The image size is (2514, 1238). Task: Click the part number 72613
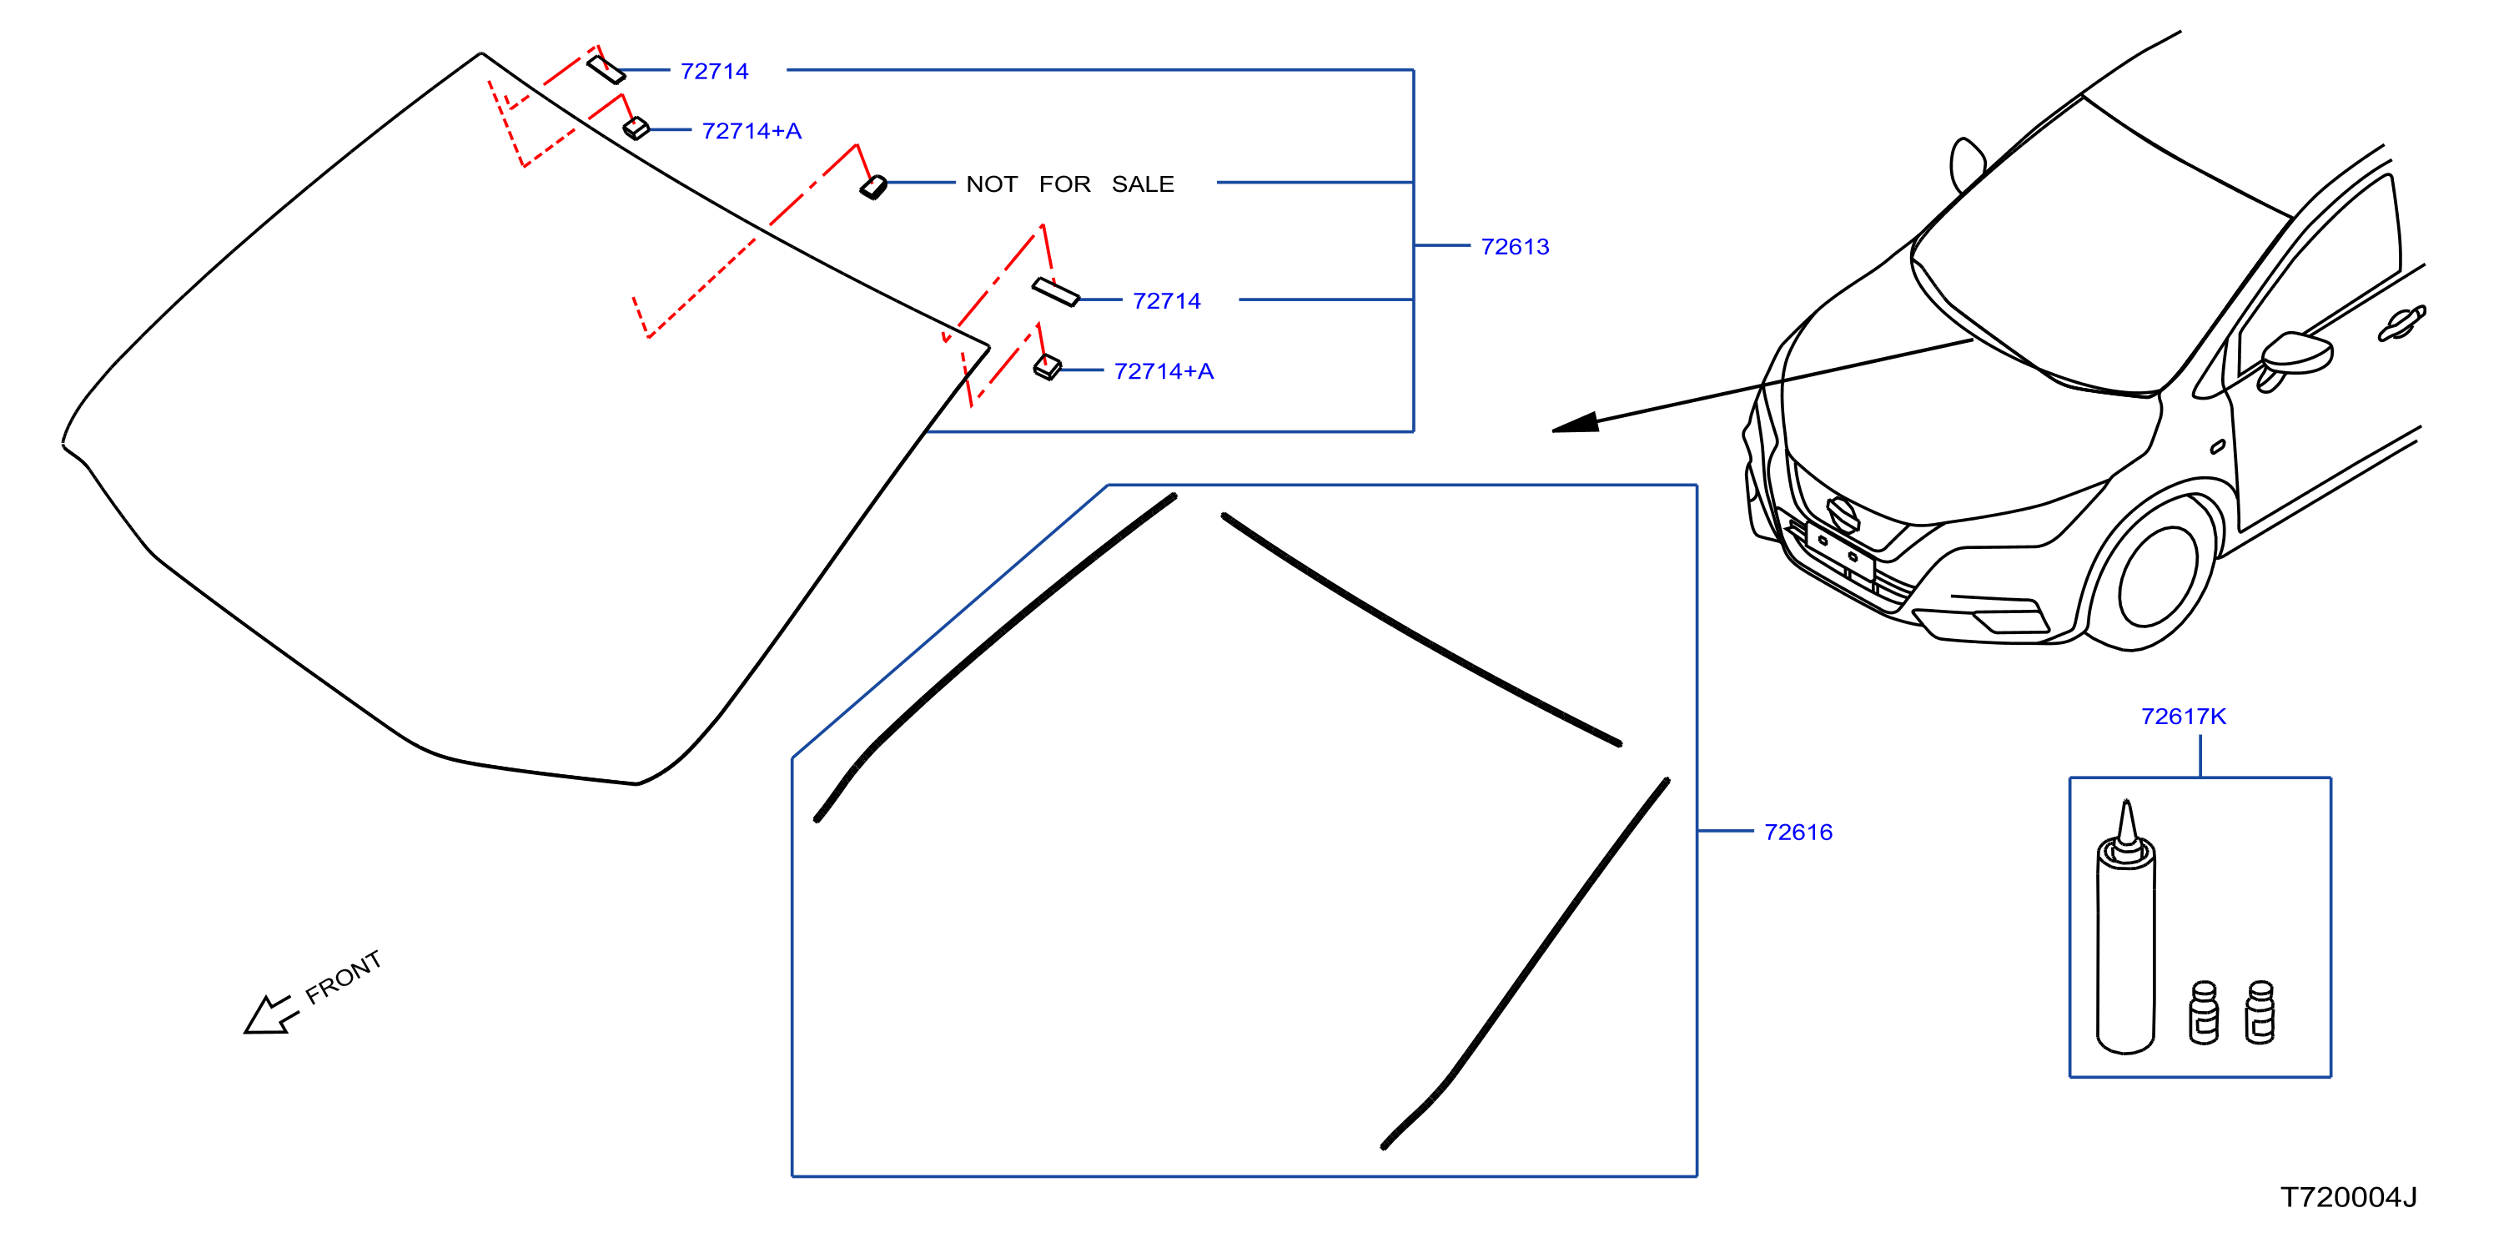tap(1515, 246)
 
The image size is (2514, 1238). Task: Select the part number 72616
tap(1798, 832)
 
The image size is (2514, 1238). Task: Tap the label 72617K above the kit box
tap(2183, 717)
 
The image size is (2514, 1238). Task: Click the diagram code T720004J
tap(2348, 1197)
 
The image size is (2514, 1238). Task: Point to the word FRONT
tap(343, 978)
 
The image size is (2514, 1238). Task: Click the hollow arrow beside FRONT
tap(269, 1014)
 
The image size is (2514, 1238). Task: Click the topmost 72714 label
tap(714, 71)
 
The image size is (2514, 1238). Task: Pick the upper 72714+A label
tap(752, 131)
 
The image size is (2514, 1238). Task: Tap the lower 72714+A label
tap(1164, 371)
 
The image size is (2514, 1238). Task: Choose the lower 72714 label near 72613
tap(1166, 300)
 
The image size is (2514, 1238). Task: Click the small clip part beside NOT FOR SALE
tap(873, 187)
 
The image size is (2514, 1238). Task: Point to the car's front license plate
tap(1840, 552)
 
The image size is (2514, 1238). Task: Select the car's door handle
tap(2401, 323)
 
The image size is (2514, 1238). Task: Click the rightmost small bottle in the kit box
tap(2260, 1014)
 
